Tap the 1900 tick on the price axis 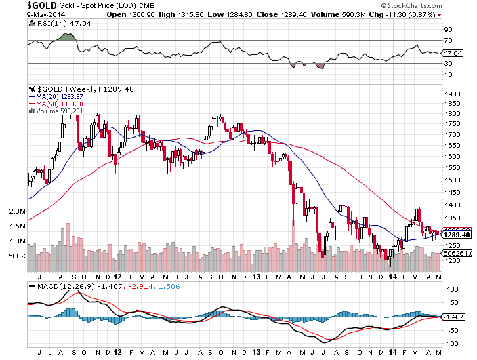pos(452,94)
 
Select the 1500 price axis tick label pos(452,180)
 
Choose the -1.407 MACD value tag pos(453,317)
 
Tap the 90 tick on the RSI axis pos(448,30)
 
